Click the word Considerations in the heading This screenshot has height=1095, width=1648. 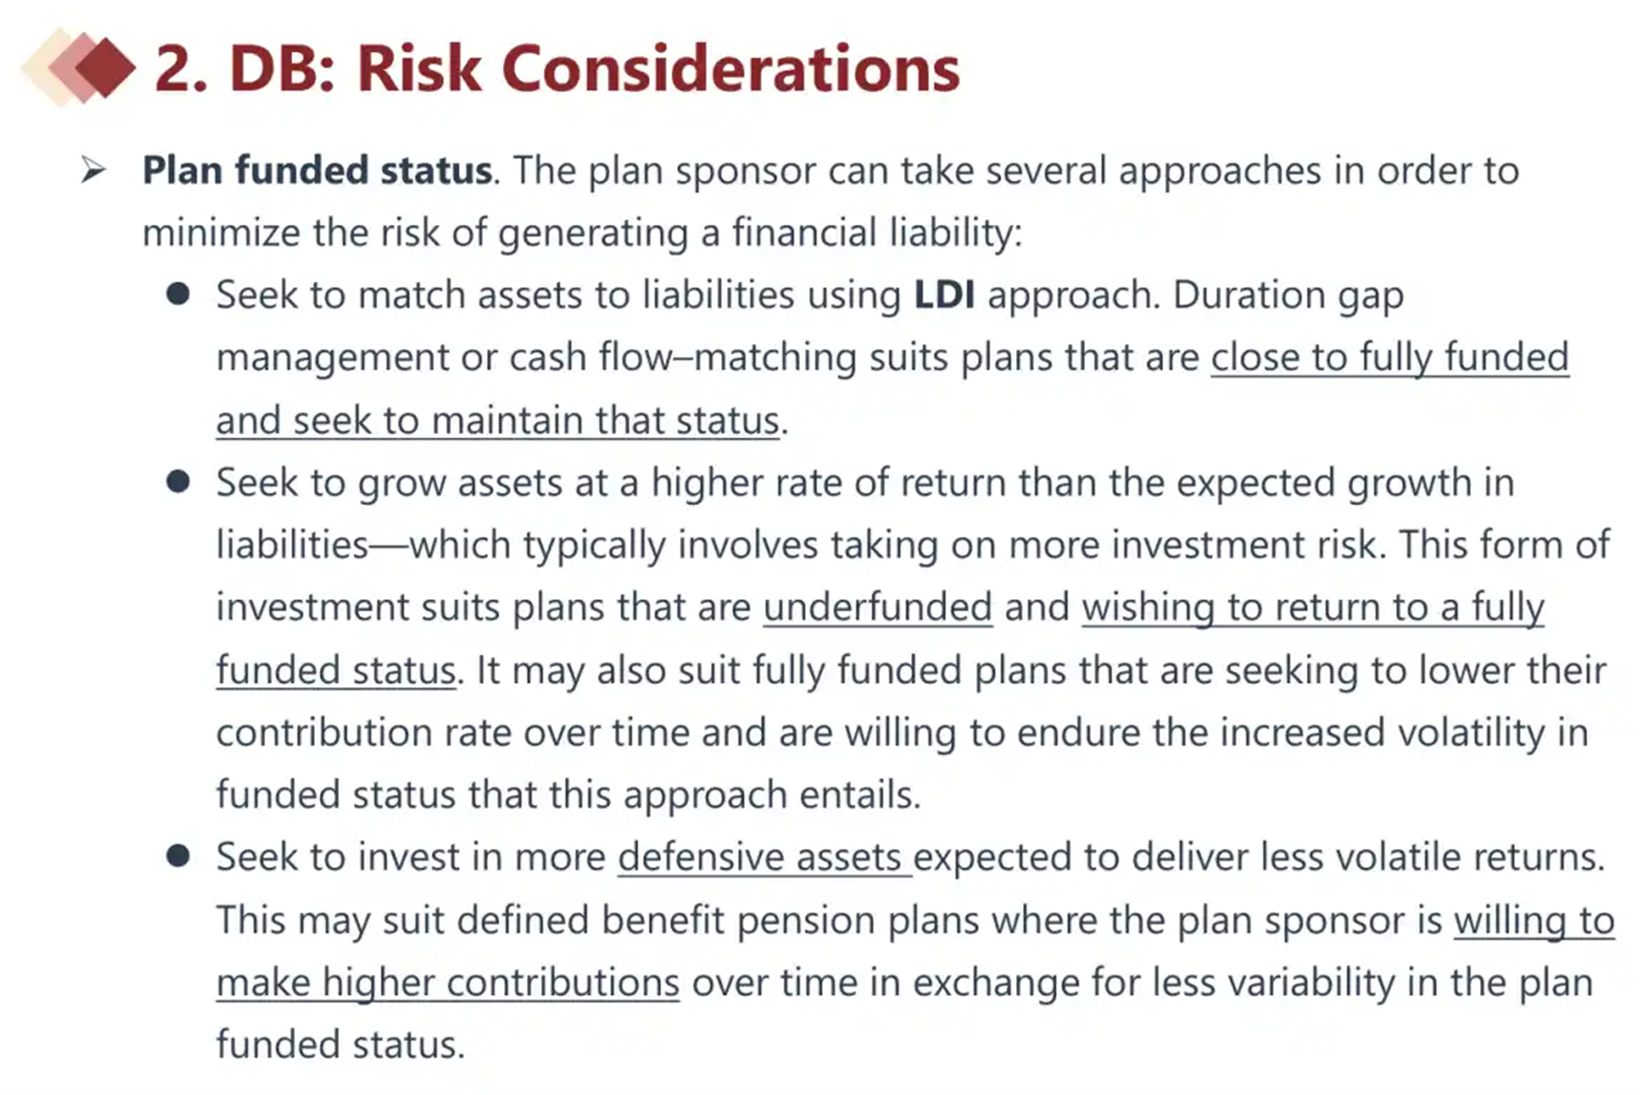tap(731, 68)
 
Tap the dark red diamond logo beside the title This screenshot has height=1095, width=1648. tap(105, 68)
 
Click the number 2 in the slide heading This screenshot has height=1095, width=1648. tap(175, 68)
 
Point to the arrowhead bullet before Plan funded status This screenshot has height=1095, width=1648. tap(94, 171)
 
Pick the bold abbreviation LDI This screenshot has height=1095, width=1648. tap(944, 295)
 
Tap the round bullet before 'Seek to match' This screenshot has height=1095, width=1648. tap(178, 294)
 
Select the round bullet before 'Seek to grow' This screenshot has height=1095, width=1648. tap(178, 481)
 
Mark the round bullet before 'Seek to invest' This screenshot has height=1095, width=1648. tap(178, 856)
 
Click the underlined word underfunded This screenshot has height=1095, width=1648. tap(878, 607)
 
